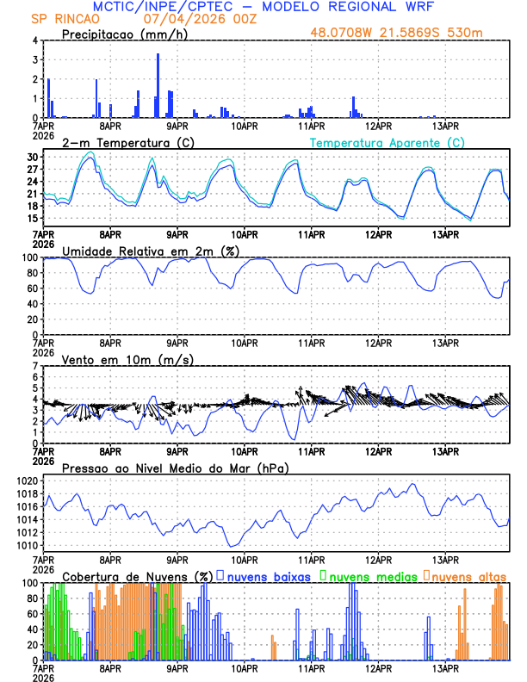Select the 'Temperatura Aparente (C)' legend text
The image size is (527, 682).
pyautogui.click(x=387, y=142)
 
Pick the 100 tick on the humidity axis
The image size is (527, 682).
pyautogui.click(x=31, y=257)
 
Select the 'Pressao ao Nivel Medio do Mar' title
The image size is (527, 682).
pyautogui.click(x=175, y=468)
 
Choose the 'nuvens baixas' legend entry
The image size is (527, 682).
pyautogui.click(x=267, y=575)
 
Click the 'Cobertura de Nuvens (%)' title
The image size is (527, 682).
pyautogui.click(x=137, y=575)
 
